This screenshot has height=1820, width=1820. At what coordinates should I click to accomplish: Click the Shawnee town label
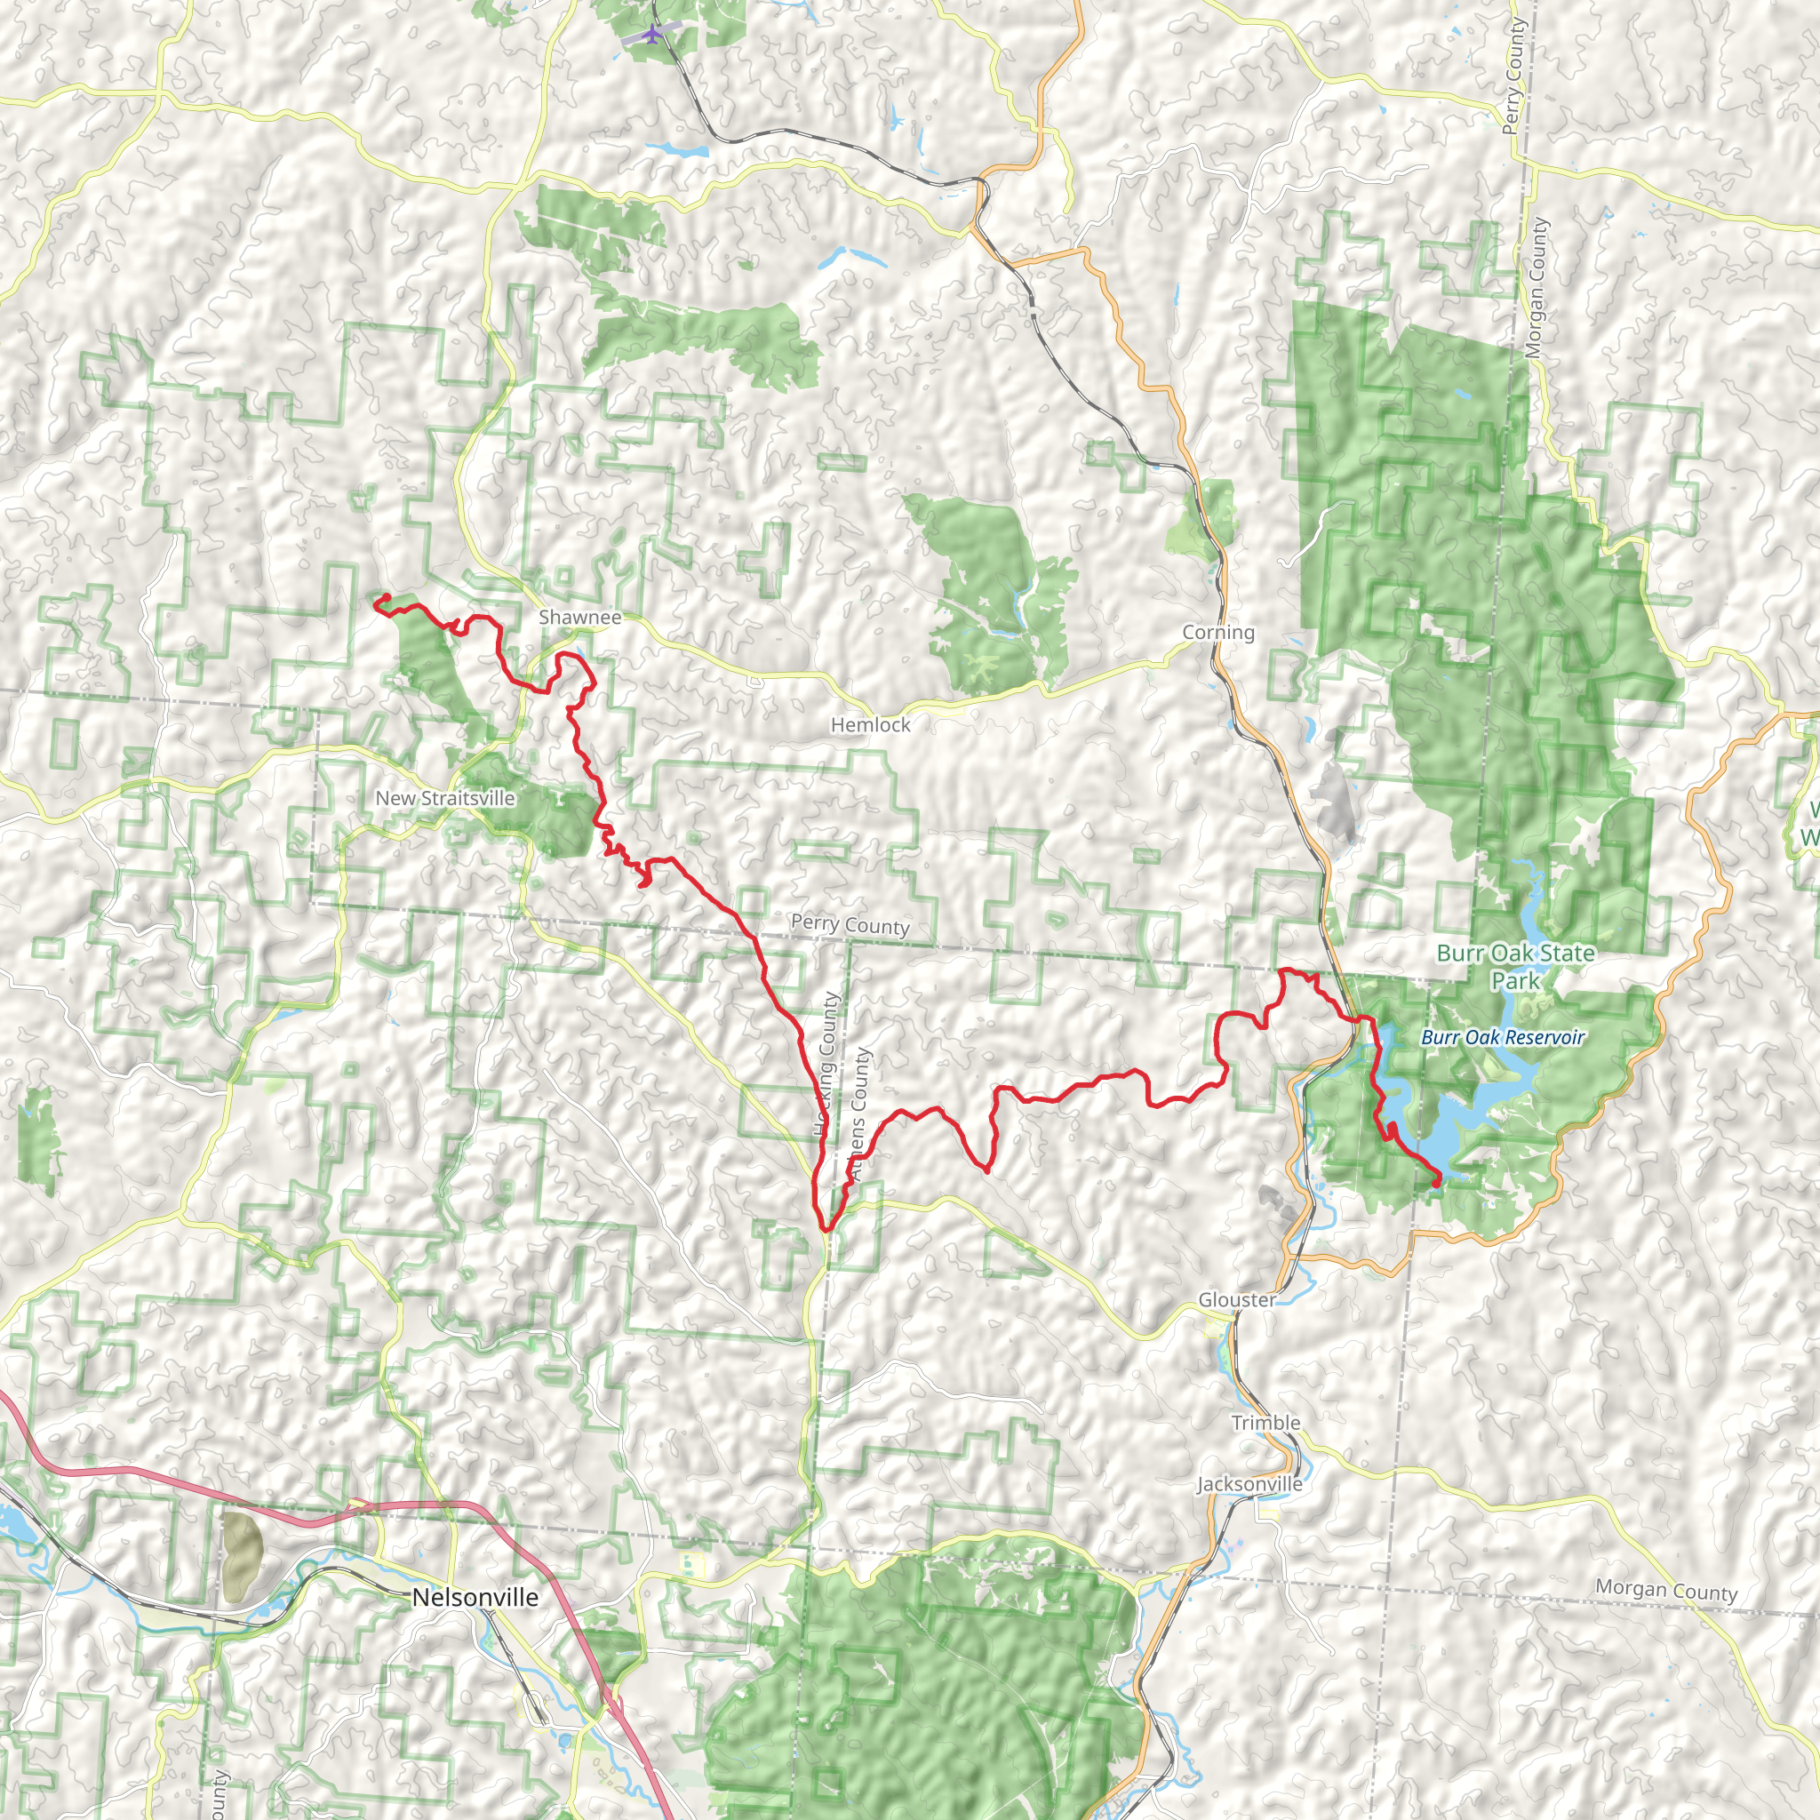click(x=579, y=617)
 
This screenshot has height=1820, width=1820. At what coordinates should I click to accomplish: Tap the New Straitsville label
click(x=444, y=798)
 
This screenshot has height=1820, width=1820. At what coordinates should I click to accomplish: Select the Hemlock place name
click(x=870, y=724)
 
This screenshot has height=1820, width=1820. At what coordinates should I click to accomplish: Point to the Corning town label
click(x=1218, y=632)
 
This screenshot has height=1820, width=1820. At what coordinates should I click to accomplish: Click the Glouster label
click(x=1236, y=1299)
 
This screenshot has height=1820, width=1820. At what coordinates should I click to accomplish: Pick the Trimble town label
click(x=1265, y=1423)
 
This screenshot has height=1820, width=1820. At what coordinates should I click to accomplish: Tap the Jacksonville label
click(x=1249, y=1484)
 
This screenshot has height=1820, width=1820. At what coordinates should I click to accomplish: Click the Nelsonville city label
click(x=475, y=1597)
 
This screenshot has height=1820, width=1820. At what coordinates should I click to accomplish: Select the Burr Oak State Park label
click(x=1515, y=967)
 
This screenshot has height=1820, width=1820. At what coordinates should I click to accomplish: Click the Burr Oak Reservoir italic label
click(x=1502, y=1037)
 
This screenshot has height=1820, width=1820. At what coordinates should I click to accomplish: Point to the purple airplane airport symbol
click(x=651, y=35)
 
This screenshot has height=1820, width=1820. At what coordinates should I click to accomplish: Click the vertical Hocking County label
click(x=827, y=1066)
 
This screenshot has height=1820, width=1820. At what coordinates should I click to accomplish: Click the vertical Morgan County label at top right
click(x=1537, y=287)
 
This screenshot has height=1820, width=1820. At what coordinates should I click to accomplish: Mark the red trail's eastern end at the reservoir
click(x=1436, y=1181)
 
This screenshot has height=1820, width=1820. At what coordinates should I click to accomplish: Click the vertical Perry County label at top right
click(x=1513, y=76)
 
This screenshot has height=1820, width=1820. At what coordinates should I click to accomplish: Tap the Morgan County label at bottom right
click(x=1665, y=1591)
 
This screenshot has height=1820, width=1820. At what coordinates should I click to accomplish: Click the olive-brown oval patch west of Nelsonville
click(x=242, y=1557)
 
